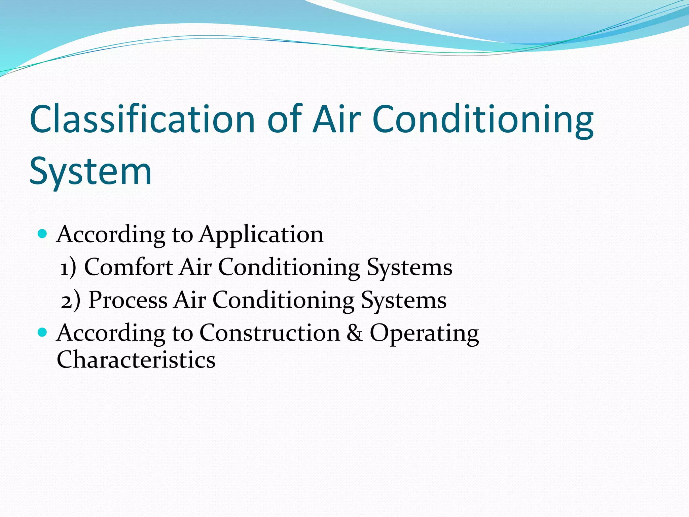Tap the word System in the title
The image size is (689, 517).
tap(90, 171)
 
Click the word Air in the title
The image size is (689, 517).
tap(336, 119)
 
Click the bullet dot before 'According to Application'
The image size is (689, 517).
tap(42, 234)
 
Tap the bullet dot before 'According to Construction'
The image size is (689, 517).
tap(42, 333)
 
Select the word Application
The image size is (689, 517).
tap(261, 235)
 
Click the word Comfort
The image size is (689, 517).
tap(129, 267)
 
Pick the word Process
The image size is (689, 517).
tap(128, 300)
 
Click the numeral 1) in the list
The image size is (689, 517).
tap(68, 268)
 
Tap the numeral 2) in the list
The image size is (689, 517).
tap(71, 301)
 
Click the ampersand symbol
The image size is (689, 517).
tap(355, 333)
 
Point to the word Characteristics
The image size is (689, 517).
tap(136, 359)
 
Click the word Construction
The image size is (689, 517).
tap(270, 333)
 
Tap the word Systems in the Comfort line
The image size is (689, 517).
tap(409, 268)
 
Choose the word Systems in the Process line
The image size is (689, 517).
tap(404, 301)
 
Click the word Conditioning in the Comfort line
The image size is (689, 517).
tap(289, 268)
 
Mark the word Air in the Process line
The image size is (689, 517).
tap(190, 300)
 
